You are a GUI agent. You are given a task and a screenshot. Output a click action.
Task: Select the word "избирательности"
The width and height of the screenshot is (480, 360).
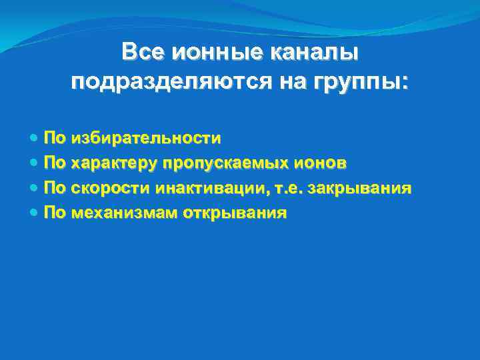click(146, 138)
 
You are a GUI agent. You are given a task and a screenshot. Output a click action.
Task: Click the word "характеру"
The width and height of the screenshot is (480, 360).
click(112, 163)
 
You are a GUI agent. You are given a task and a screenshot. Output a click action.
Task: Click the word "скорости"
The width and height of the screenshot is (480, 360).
click(111, 189)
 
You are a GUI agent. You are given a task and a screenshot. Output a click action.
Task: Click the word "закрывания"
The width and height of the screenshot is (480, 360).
click(359, 189)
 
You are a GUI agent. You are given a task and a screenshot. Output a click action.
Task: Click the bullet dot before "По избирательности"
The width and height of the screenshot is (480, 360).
click(35, 139)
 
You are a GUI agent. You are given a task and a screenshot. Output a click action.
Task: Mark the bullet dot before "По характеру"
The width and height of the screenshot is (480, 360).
click(35, 164)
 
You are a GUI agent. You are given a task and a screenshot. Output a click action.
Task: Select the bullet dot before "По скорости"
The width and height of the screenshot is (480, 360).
click(35, 189)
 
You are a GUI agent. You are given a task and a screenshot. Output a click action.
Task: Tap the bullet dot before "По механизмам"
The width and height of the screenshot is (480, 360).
click(35, 214)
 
